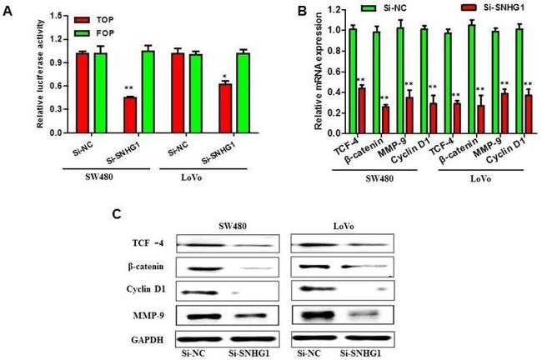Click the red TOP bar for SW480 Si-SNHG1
point(130,115)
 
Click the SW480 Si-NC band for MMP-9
point(203,317)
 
